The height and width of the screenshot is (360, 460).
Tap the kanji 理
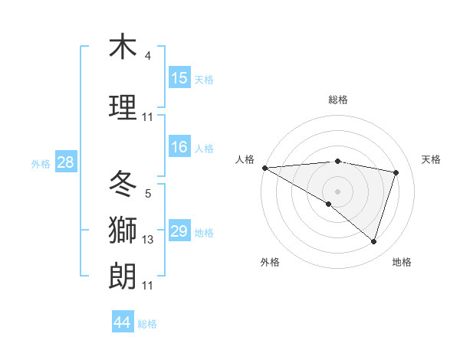(123, 107)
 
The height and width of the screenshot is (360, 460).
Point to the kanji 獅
(123, 231)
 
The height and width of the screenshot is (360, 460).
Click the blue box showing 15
(179, 78)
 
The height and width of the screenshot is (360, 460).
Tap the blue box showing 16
(179, 148)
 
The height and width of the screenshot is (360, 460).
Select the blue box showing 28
(65, 162)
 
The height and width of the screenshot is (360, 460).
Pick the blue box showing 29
(179, 231)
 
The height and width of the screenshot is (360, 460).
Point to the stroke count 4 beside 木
(148, 56)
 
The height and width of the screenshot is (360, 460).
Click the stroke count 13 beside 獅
(148, 240)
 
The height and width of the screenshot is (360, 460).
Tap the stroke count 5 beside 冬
(148, 194)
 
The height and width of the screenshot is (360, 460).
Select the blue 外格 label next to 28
(41, 163)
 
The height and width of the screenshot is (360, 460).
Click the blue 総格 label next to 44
(148, 323)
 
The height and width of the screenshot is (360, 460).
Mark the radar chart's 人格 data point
(264, 168)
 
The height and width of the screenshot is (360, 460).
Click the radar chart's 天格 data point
(396, 172)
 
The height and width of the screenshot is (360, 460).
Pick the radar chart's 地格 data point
(374, 241)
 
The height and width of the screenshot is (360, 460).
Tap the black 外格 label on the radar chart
(270, 262)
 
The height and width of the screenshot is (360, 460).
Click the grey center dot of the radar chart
(337, 191)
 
